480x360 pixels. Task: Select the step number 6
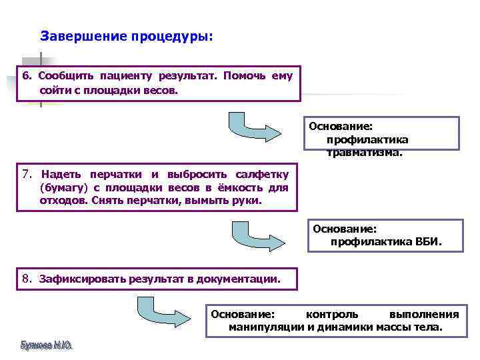click(27, 76)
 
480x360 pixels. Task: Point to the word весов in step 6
click(161, 89)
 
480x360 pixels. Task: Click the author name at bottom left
click(46, 346)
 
